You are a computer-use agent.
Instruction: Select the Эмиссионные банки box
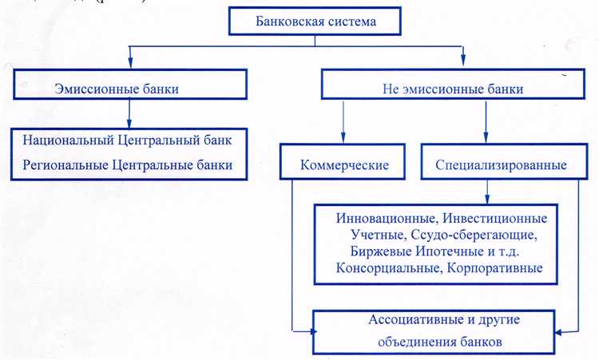coord(128,89)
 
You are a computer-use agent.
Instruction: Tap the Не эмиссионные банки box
coord(447,89)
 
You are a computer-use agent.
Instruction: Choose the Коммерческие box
coord(344,166)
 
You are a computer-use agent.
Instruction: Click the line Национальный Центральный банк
coord(127,140)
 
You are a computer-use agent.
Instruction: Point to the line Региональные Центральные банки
coord(127,165)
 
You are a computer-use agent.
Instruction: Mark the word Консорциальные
coord(385,269)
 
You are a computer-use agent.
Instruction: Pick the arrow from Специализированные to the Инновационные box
coord(487,193)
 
